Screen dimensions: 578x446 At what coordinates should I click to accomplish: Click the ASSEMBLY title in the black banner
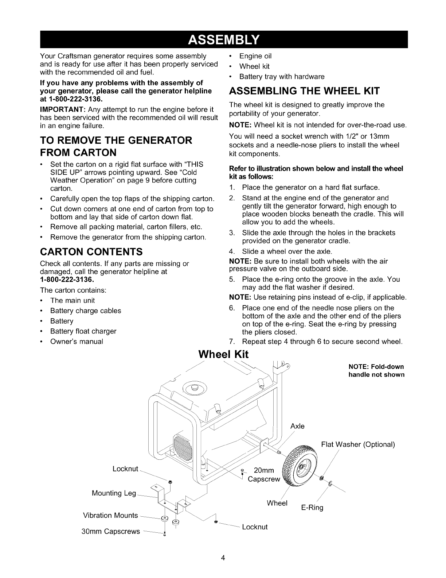(223, 39)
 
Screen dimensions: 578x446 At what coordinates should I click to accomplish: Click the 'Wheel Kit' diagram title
(223, 354)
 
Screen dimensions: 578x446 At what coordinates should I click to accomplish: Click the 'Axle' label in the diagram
(297, 426)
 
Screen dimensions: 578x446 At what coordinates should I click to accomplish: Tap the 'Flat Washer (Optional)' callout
(358, 444)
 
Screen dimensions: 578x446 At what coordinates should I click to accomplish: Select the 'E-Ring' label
(312, 508)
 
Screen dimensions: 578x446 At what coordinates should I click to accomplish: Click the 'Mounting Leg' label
(114, 493)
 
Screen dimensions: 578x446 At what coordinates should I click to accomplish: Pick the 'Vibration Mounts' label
(111, 515)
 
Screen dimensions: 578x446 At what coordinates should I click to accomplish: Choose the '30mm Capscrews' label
(111, 531)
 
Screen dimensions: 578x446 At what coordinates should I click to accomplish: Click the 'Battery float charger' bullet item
(83, 331)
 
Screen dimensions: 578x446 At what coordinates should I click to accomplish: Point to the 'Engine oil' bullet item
(255, 56)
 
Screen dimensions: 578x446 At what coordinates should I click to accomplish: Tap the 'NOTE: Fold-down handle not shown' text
(376, 370)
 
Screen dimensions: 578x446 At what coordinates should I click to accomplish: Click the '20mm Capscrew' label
(263, 475)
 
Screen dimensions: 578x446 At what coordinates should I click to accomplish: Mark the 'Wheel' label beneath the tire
(277, 503)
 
